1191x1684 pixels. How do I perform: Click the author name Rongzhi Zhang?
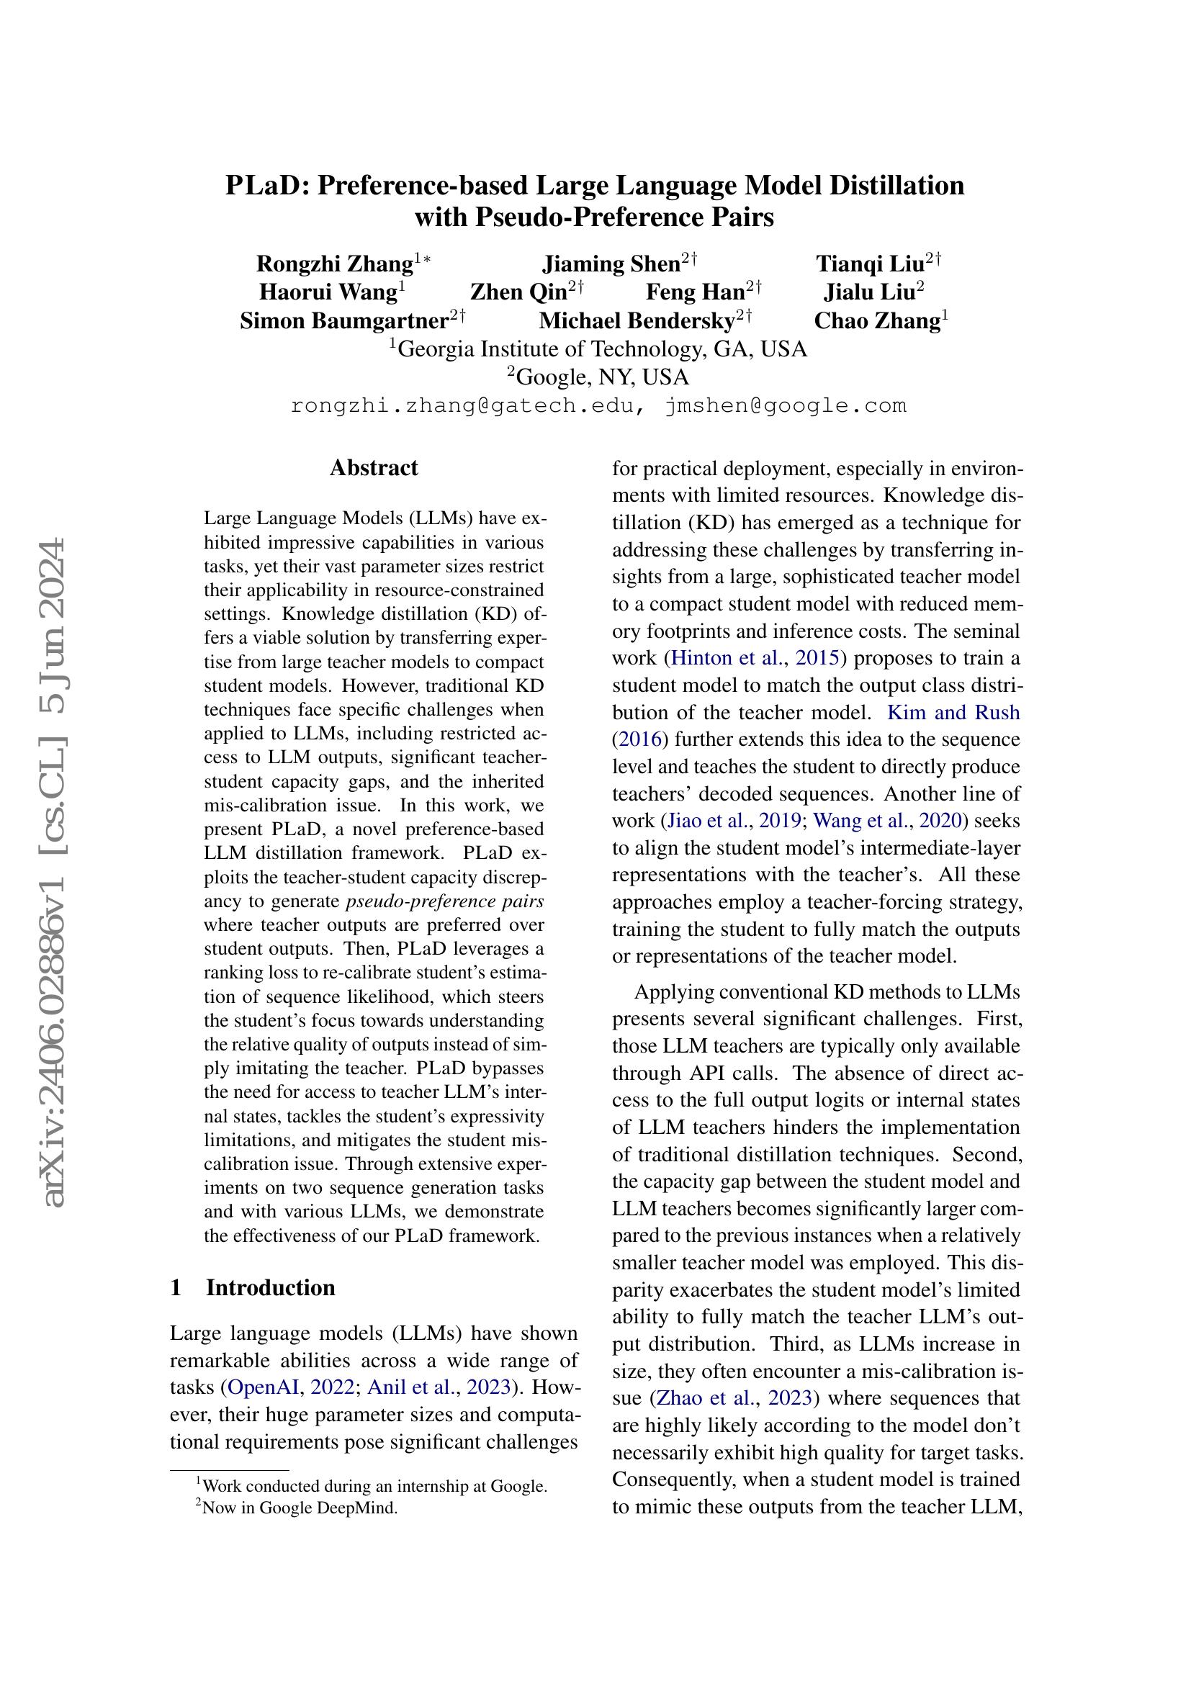tap(334, 264)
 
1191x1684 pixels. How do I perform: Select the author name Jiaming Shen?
tap(611, 264)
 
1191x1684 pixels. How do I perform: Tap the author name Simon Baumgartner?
tap(344, 321)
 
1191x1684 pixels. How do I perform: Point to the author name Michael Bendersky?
tap(637, 321)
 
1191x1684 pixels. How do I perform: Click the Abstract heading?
tap(373, 468)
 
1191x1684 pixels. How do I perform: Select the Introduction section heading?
tap(270, 1287)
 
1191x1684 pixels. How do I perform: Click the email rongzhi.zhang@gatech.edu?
tap(462, 405)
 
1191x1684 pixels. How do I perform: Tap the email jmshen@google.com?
tap(786, 405)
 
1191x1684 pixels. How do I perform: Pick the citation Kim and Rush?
tap(953, 712)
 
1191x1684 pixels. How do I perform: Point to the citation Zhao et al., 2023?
tap(734, 1418)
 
